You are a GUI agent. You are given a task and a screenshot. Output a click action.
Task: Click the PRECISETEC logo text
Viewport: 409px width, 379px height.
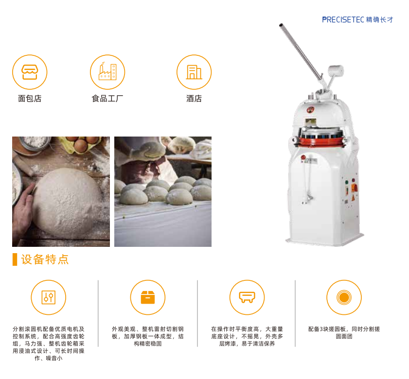coord(343,19)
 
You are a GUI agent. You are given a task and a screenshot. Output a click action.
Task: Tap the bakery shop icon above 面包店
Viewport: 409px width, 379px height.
coord(30,72)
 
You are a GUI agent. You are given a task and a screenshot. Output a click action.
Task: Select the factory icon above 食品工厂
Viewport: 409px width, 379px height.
coord(107,72)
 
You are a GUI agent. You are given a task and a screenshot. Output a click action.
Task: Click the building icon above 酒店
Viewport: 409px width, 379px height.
coord(194,72)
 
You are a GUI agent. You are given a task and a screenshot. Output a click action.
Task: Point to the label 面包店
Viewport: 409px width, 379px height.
coord(30,99)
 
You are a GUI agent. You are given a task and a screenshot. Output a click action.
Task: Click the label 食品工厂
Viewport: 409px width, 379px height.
coord(107,99)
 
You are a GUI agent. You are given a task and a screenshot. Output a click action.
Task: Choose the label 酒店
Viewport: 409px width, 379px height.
coord(194,99)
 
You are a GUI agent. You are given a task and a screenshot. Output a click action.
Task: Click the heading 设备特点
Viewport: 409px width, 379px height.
coord(45,259)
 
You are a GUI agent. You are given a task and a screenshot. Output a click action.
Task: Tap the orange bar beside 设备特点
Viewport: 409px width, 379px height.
coord(15,259)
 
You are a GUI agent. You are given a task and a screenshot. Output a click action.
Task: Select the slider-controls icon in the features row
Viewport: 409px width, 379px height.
coord(49,297)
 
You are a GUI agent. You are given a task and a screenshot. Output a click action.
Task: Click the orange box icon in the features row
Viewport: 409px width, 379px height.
coord(148,297)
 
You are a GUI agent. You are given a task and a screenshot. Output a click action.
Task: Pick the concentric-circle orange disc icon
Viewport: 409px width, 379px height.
coord(344,297)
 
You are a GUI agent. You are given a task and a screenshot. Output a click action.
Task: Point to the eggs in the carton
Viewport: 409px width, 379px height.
coord(84,143)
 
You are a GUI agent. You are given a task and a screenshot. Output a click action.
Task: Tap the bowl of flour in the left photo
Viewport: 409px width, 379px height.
coord(35,142)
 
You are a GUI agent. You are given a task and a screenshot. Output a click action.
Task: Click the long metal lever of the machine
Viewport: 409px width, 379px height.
coord(301,52)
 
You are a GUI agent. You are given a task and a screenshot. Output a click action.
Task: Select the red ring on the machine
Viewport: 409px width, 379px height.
coord(321,141)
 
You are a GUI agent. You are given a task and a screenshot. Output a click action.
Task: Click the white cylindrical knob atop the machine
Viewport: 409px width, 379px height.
coord(336,70)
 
